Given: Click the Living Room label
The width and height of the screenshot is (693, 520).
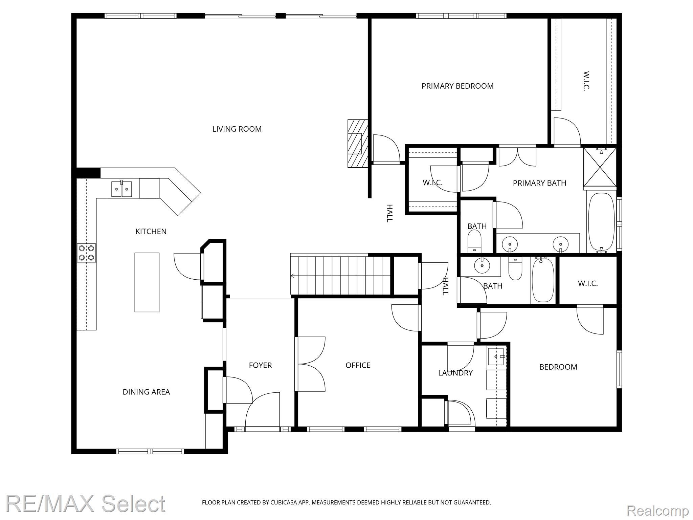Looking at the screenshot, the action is coord(237,129).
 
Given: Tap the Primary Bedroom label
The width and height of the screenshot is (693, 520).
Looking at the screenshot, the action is coord(457,86).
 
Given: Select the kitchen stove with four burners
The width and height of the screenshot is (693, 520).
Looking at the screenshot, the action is coord(86,253).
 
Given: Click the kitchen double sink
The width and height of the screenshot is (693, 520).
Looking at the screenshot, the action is coord(122,189).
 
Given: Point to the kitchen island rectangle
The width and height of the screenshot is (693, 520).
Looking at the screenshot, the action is coord(147,282).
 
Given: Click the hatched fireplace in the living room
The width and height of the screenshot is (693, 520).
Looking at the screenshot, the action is coord(358,143).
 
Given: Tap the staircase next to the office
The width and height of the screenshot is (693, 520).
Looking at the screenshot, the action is coord(340,275).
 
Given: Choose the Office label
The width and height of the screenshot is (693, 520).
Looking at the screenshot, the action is coord(358,365).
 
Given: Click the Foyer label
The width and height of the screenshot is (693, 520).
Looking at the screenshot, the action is coord(260,365).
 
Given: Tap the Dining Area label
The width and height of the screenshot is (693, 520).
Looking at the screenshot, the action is coord(146,392).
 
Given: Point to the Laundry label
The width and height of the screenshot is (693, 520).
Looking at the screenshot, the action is coord(455,373).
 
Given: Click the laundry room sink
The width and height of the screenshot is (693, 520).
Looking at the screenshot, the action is coord(496,356).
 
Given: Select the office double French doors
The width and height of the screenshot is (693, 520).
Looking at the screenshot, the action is coord(311,364).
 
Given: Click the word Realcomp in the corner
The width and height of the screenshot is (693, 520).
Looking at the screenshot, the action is coord(658,510).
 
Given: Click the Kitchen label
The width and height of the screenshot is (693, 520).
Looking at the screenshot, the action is coord(151,232).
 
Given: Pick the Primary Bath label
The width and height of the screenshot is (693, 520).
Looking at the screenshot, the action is coord(539,183).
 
